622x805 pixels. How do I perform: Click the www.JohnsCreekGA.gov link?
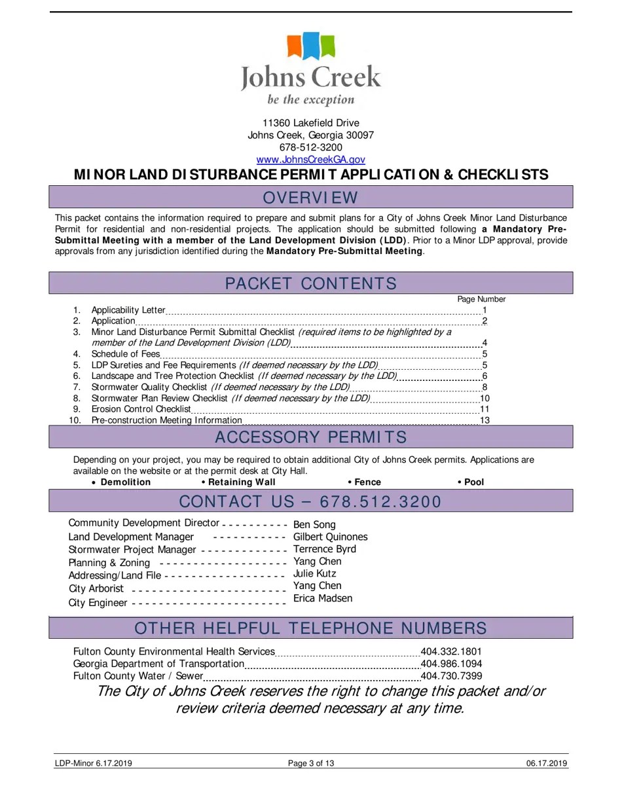pos(310,160)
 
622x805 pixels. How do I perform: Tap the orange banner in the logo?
pos(294,46)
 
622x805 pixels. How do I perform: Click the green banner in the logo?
pos(328,46)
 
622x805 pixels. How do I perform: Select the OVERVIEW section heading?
pos(310,198)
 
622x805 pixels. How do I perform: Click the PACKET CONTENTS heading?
pos(310,283)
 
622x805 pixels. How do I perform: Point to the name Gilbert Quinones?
pos(330,537)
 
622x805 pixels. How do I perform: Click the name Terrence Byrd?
pos(324,549)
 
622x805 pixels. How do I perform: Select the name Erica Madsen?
pos(322,598)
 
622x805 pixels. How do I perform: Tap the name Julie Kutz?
pos(314,573)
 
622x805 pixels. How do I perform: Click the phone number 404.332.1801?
pos(450,652)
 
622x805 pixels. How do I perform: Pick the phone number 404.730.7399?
pos(450,676)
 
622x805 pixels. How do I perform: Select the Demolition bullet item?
pos(124,482)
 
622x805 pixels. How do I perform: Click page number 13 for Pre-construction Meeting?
pos(485,420)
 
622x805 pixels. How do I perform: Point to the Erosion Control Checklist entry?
pos(141,409)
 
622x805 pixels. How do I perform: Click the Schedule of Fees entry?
pos(125,354)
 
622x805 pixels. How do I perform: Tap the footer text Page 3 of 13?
pos(311,763)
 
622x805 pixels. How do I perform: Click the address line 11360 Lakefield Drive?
pos(310,123)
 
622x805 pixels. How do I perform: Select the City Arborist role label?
pos(96,588)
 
